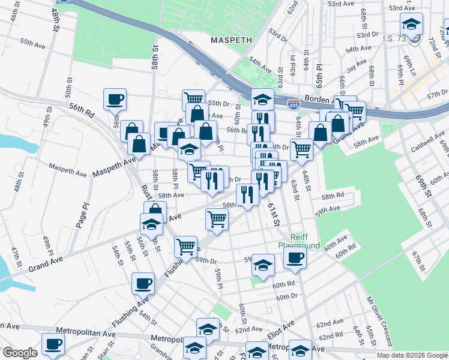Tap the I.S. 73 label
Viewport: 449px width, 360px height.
point(394,38)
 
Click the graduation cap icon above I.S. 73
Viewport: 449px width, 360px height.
point(411,25)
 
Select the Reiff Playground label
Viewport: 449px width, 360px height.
point(298,241)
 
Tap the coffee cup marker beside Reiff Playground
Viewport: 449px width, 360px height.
point(294,259)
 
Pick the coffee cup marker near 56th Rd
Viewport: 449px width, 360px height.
point(115,99)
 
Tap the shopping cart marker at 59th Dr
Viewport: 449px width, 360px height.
point(186,246)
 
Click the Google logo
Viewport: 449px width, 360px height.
point(20,353)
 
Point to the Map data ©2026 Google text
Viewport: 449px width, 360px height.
point(411,355)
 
